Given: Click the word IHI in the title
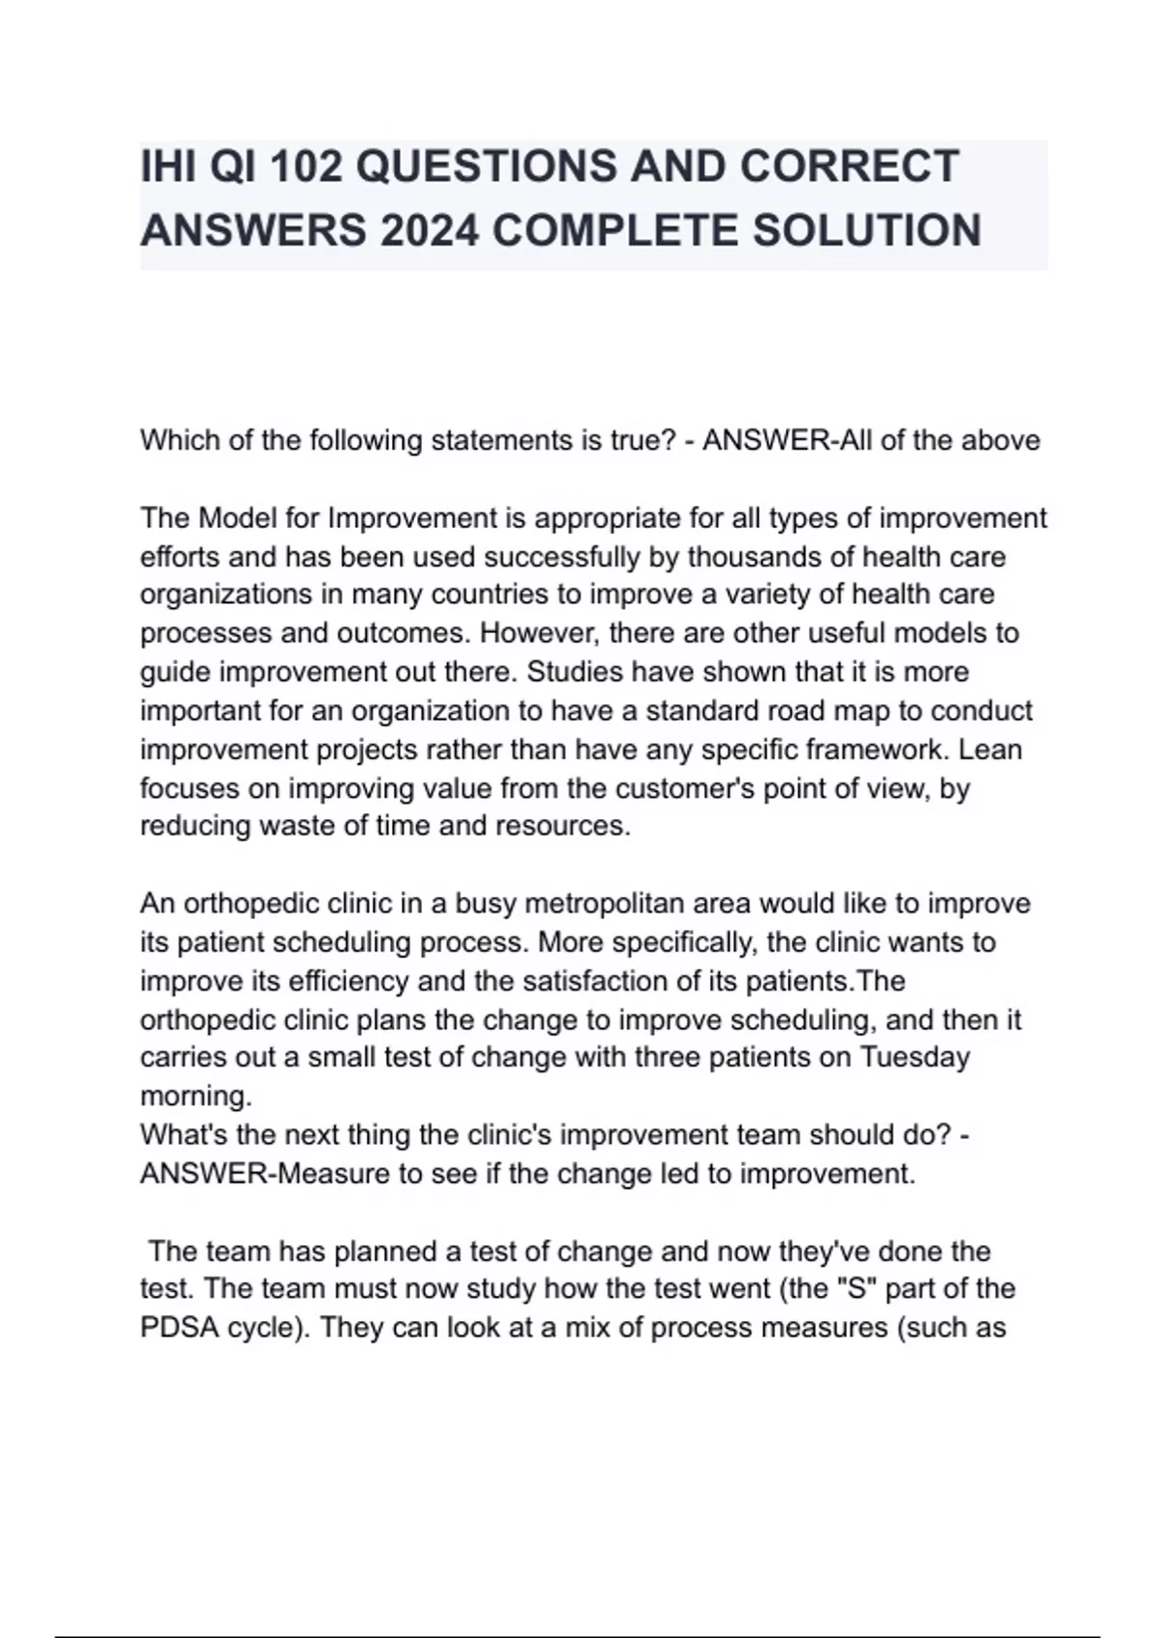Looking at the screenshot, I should click(x=168, y=167).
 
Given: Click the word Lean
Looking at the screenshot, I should click(x=991, y=749).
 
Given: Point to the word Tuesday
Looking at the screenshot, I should click(x=914, y=1057).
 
